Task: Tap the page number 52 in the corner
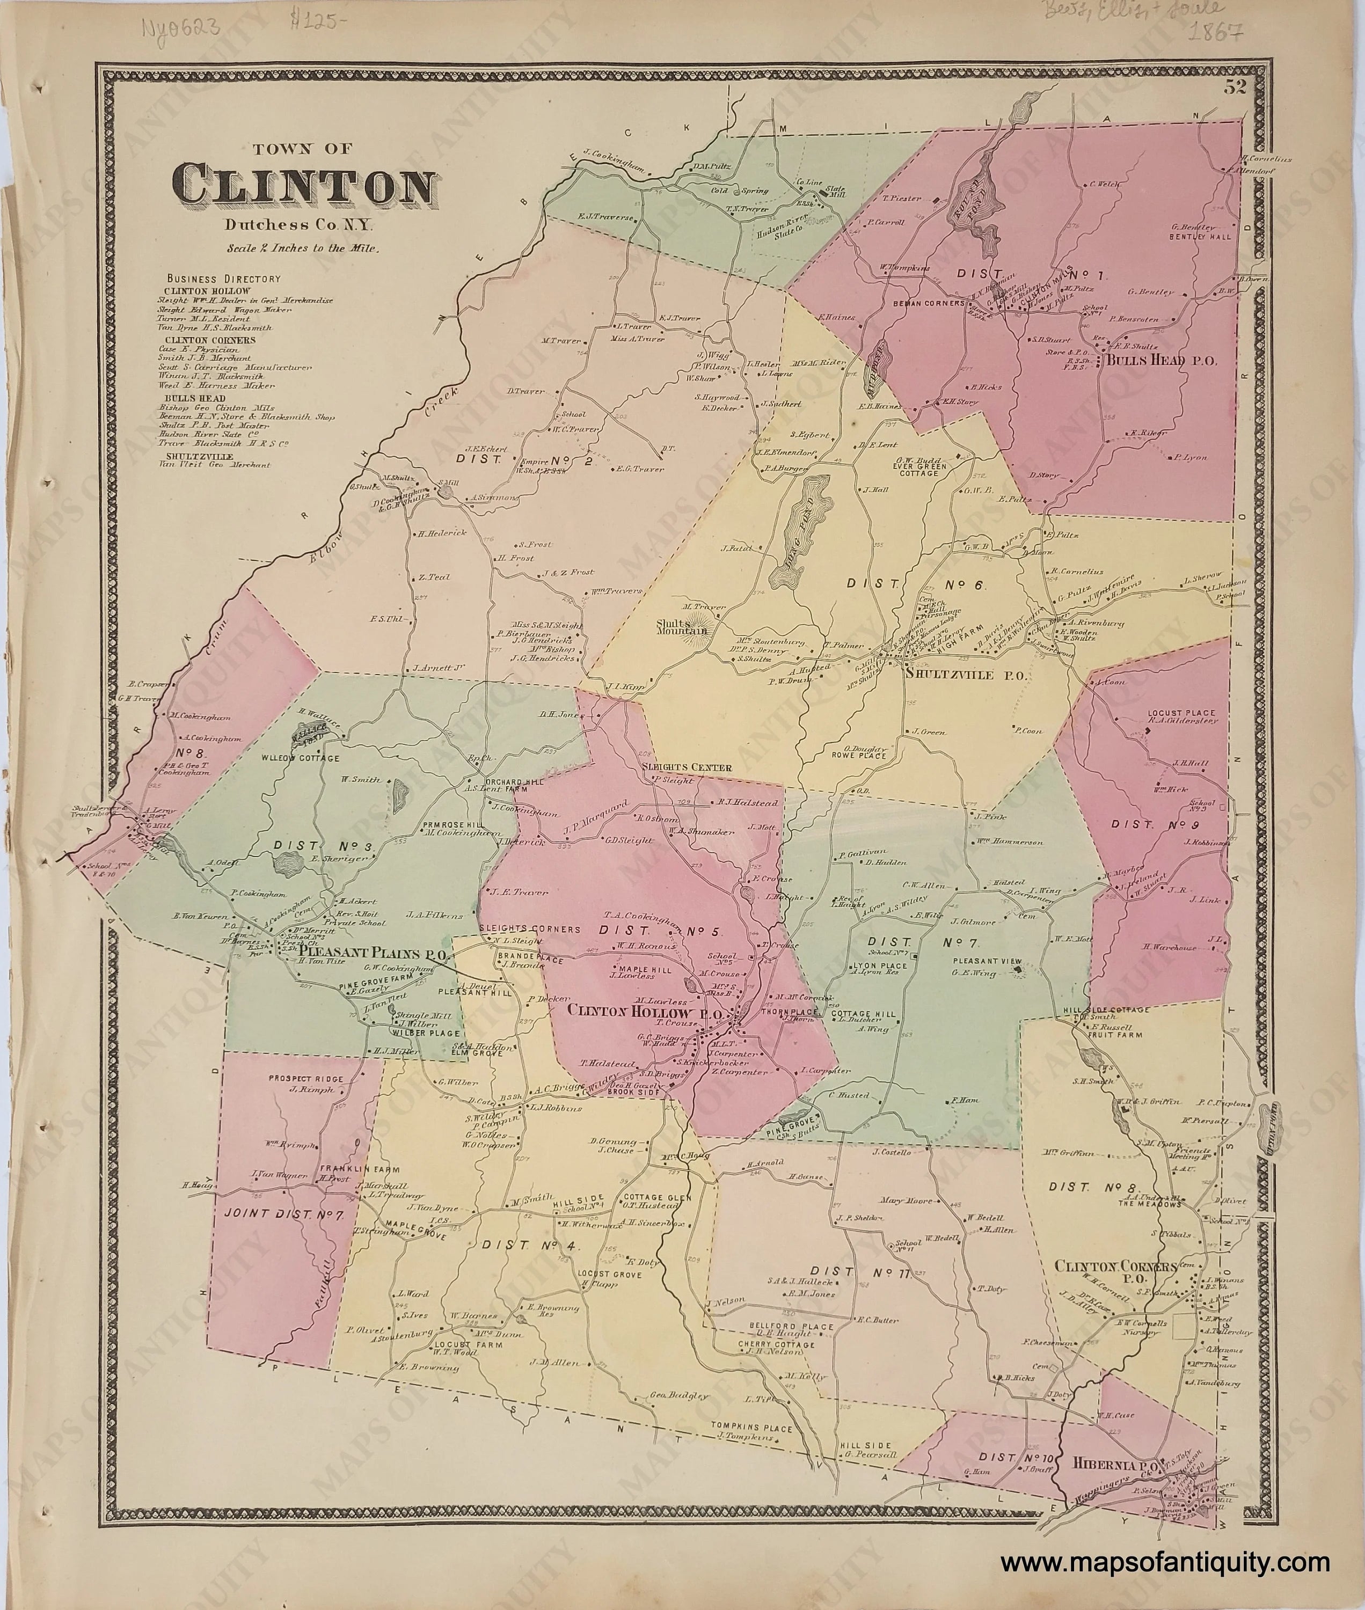1233,87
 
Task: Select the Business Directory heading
223,279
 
